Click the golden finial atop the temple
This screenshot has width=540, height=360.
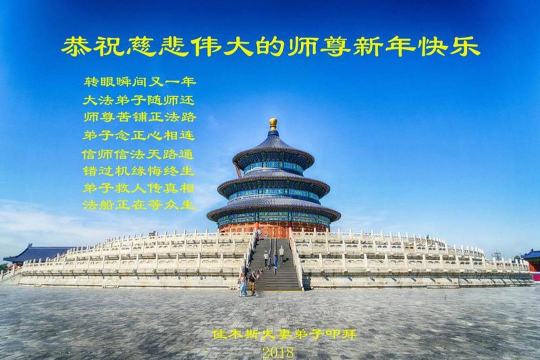click(273, 124)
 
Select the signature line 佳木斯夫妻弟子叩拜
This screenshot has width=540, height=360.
click(284, 334)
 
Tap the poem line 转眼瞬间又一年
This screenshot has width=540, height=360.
click(140, 81)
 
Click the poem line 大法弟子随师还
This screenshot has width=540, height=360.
click(139, 100)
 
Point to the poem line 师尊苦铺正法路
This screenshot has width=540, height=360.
click(140, 117)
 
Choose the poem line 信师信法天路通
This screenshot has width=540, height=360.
click(138, 154)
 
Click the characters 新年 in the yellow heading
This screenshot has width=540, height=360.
click(379, 46)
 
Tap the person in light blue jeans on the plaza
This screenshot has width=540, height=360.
click(243, 284)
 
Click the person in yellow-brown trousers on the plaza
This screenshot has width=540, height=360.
click(253, 284)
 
